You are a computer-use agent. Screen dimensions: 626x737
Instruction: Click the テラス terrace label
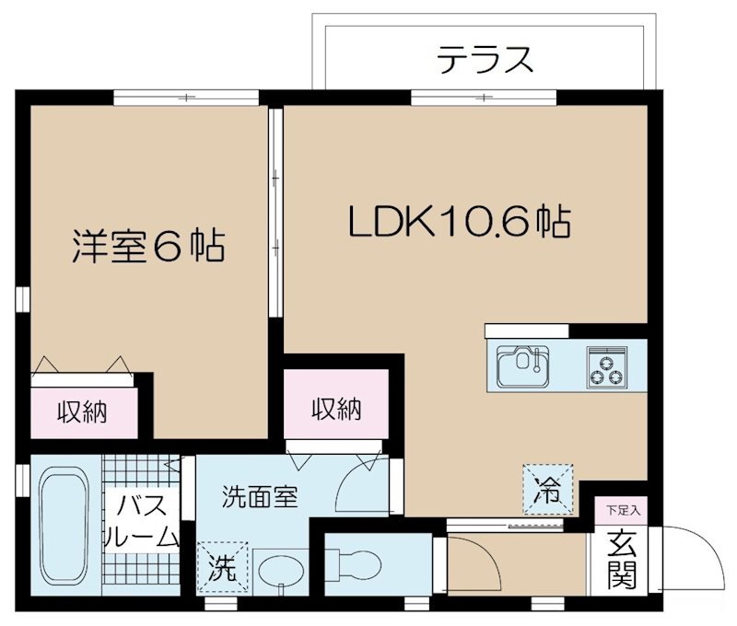coord(485,61)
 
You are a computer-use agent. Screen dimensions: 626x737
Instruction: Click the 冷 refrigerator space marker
coord(548,489)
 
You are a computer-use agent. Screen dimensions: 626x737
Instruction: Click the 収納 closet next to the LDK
coord(335,409)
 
